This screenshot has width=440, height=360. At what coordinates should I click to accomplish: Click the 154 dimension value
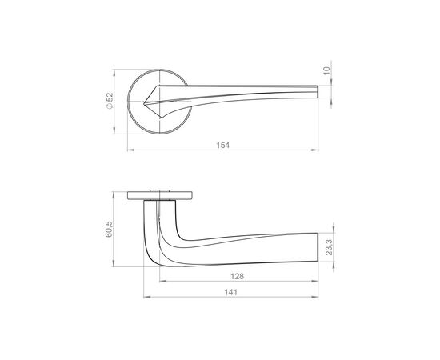click(x=223, y=145)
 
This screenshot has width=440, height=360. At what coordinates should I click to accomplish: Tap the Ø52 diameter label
click(x=109, y=101)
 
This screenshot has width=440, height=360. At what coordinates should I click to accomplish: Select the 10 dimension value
click(x=326, y=70)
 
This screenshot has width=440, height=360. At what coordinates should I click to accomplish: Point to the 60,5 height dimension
click(x=109, y=229)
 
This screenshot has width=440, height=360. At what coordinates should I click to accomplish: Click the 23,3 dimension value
click(x=329, y=247)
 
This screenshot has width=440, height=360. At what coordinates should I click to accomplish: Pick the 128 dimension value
click(x=238, y=276)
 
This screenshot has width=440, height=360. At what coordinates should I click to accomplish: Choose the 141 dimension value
click(x=230, y=292)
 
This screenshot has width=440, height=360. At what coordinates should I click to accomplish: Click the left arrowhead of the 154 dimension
click(x=130, y=150)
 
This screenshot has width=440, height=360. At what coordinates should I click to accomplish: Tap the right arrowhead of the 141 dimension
click(x=315, y=297)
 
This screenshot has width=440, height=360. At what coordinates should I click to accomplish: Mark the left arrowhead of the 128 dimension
click(x=162, y=281)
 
